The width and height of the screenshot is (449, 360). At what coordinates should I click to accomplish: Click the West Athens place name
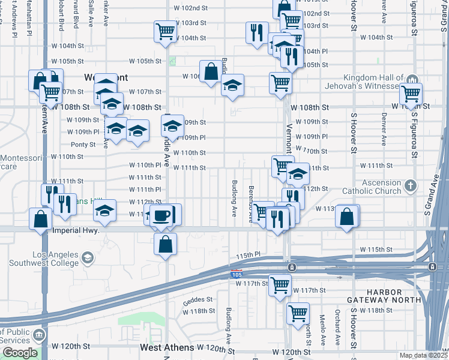167,347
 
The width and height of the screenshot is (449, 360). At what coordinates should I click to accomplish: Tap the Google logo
20,353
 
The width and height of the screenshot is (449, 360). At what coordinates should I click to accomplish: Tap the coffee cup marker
161,215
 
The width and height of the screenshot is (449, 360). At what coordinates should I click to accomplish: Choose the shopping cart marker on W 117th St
280,286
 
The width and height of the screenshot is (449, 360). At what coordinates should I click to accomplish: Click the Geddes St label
200,299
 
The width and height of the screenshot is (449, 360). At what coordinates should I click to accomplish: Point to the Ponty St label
83,145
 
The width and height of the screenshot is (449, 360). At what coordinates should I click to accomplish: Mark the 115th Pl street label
249,256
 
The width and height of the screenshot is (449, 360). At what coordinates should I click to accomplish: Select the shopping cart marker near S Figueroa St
411,94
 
